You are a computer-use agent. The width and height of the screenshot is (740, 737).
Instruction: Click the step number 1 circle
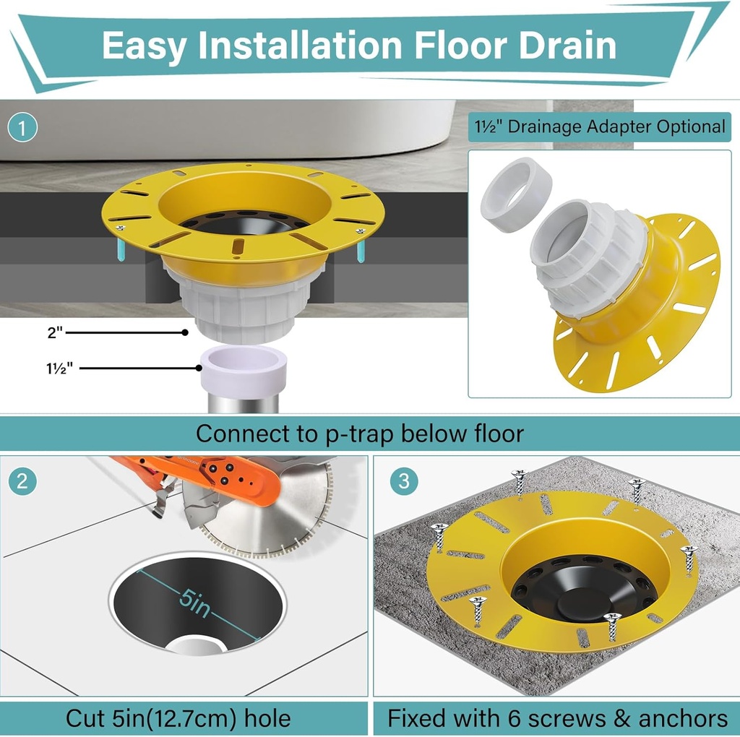point(22,129)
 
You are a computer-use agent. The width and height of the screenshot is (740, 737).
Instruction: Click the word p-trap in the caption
point(352,434)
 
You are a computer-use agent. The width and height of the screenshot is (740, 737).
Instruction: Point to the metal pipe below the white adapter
point(244,403)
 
